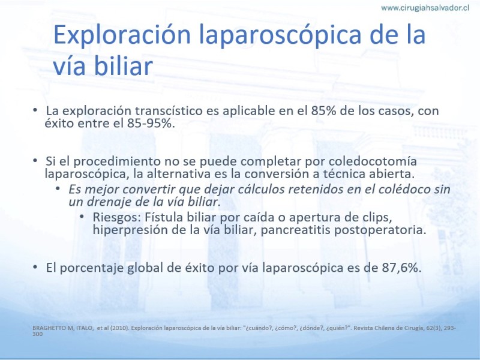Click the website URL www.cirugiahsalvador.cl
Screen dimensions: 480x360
click(x=425, y=8)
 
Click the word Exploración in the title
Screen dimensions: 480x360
click(x=122, y=34)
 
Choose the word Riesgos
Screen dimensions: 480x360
click(x=116, y=217)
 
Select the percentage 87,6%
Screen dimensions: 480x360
click(x=401, y=268)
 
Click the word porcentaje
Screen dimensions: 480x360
click(x=92, y=268)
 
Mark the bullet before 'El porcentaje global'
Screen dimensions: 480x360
click(x=35, y=267)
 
